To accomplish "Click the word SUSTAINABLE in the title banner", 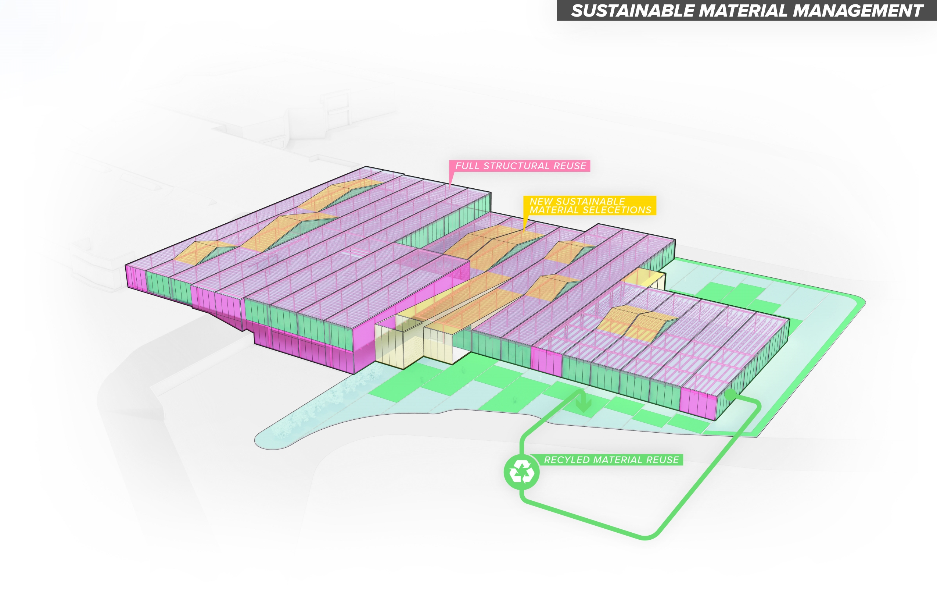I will tap(633, 11).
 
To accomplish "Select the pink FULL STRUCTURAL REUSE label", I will tap(520, 166).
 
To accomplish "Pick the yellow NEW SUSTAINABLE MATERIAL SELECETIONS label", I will tap(590, 206).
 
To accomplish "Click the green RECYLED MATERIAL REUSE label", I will tap(611, 460).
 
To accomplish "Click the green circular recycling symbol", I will tap(522, 472).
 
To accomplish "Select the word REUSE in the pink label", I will tap(570, 166).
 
